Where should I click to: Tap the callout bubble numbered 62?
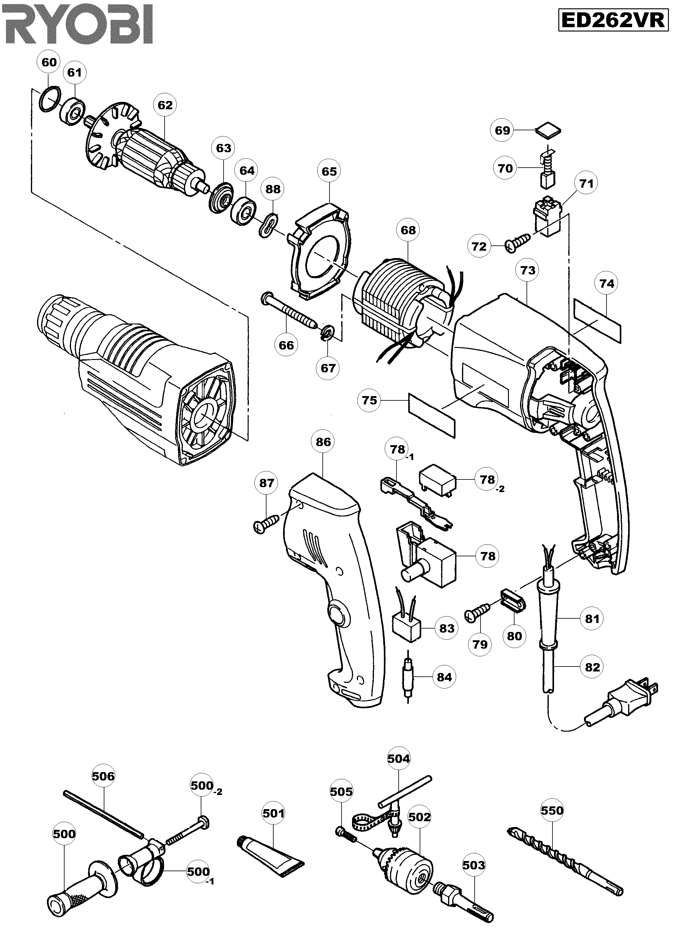pos(165,105)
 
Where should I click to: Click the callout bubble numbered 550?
pos(552,810)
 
